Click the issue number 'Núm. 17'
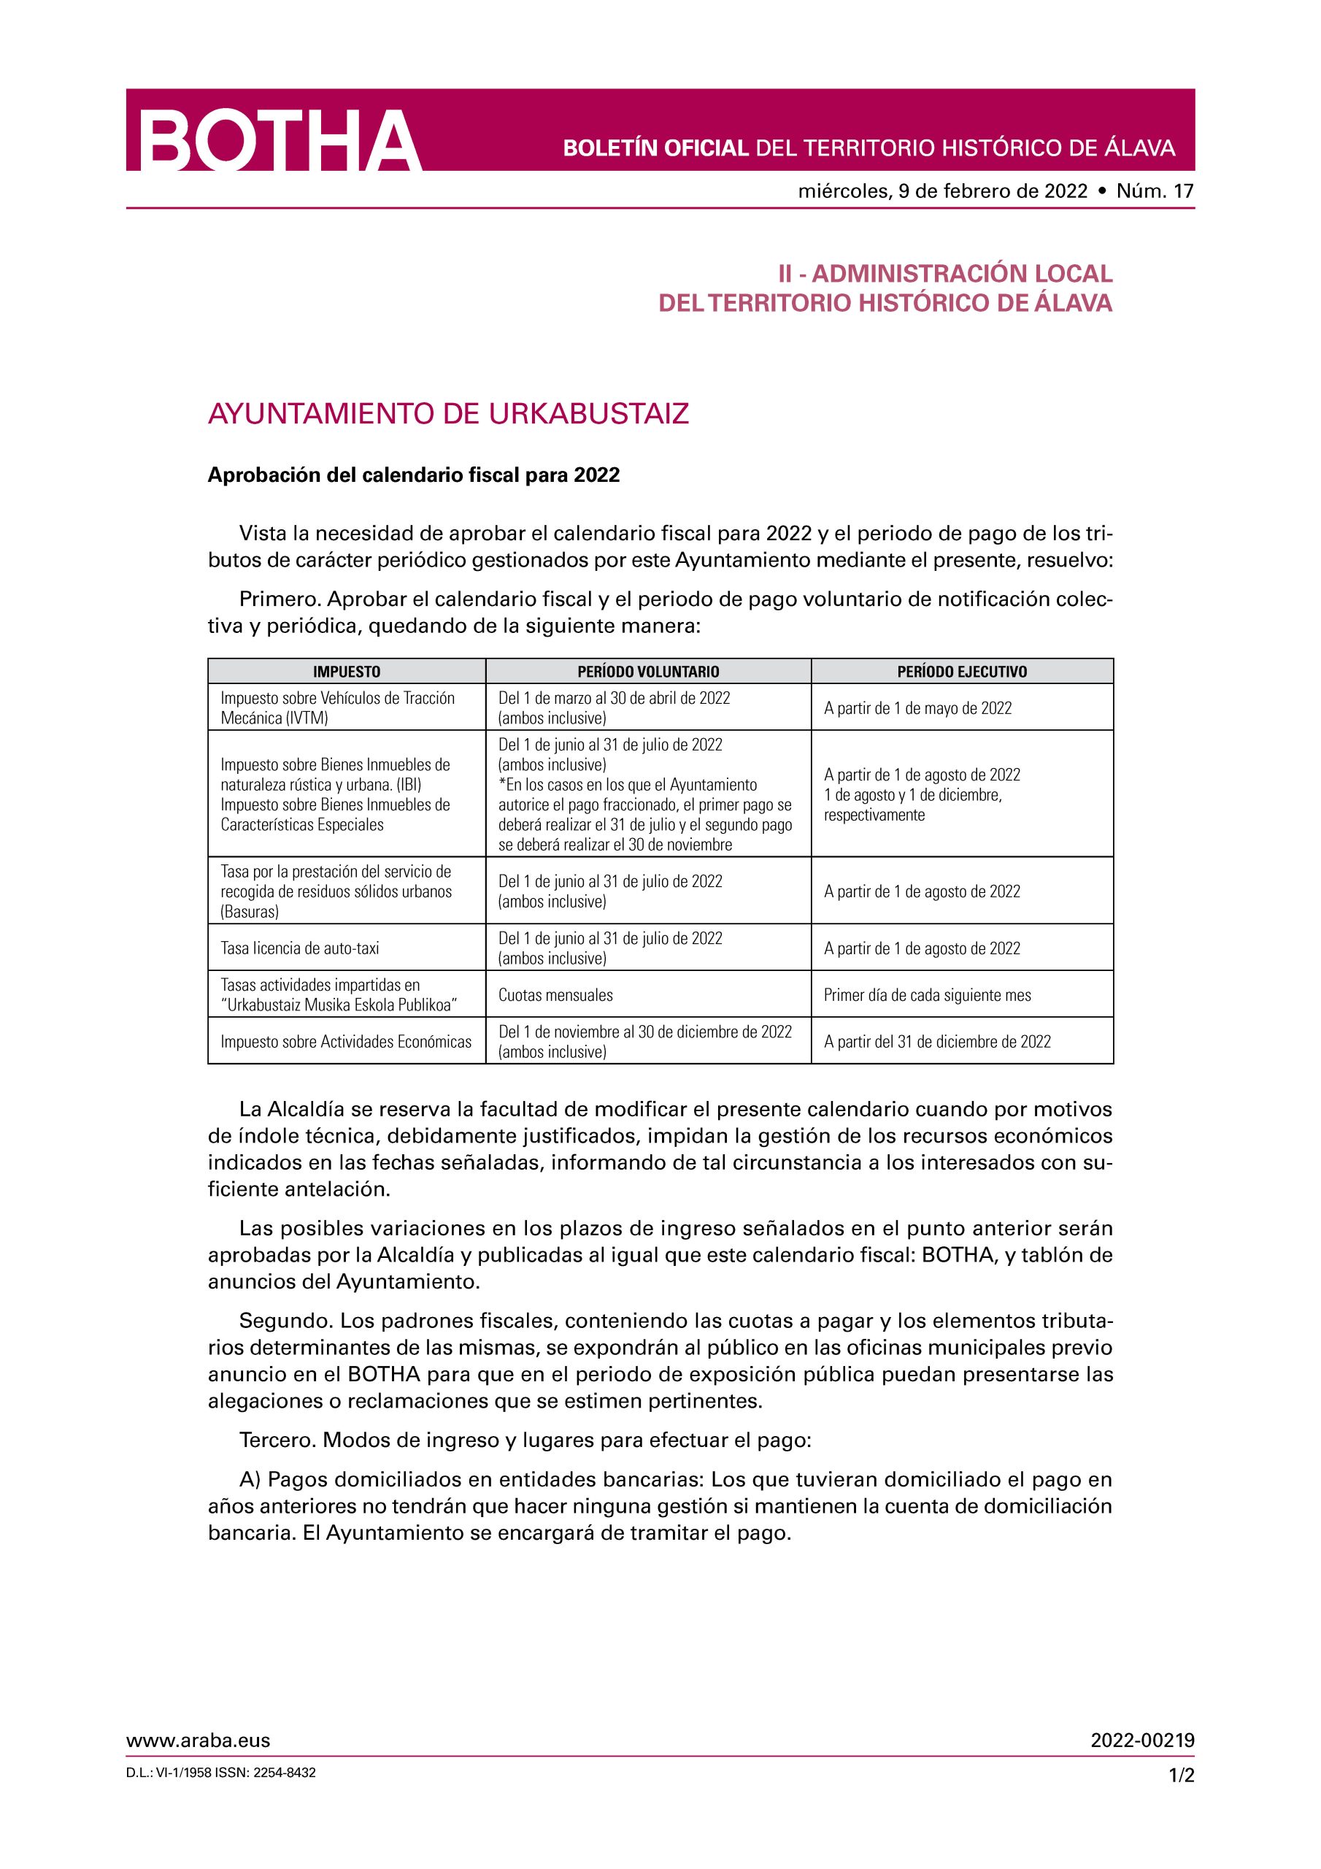[x=1155, y=191]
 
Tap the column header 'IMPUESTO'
[x=347, y=672]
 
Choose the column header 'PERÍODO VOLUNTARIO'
[x=648, y=672]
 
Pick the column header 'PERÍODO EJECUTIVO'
[x=962, y=672]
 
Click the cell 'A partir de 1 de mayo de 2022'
[x=917, y=708]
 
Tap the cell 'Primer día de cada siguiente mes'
[x=927, y=995]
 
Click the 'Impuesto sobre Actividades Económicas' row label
[x=346, y=1042]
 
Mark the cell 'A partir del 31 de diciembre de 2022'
[x=937, y=1042]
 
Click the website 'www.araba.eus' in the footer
[x=198, y=1741]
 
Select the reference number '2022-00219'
[x=1143, y=1741]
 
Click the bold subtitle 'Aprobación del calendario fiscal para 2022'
[x=414, y=475]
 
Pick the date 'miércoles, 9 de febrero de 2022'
[x=942, y=191]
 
